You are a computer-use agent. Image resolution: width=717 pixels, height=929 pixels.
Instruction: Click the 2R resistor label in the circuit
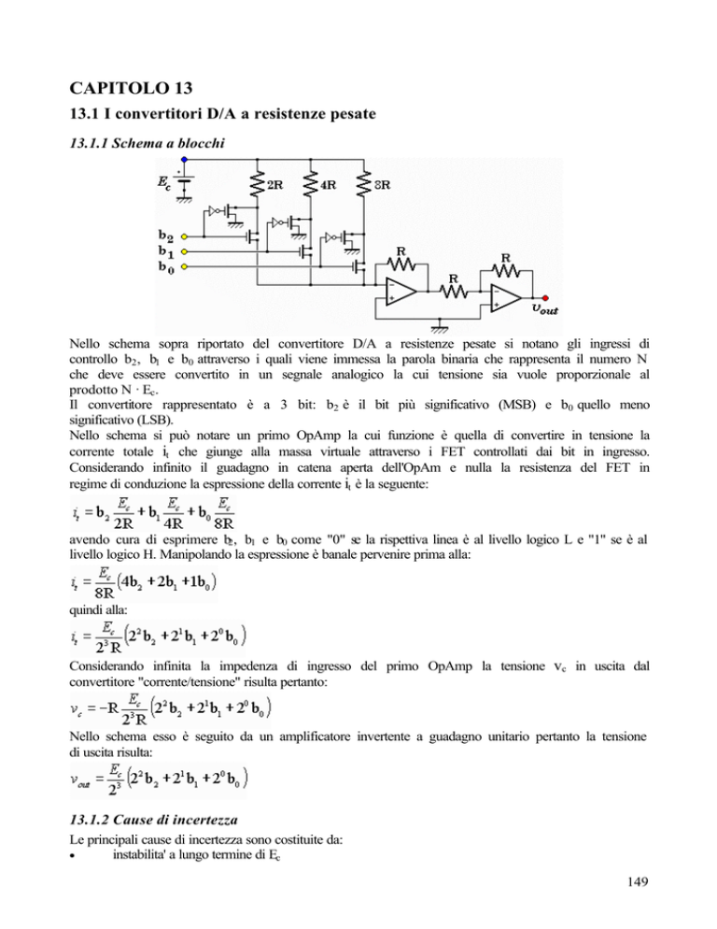coord(276,185)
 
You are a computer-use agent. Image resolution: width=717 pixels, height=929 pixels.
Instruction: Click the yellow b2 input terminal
coord(186,236)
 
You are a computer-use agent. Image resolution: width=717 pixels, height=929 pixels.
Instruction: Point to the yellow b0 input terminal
coord(186,268)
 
